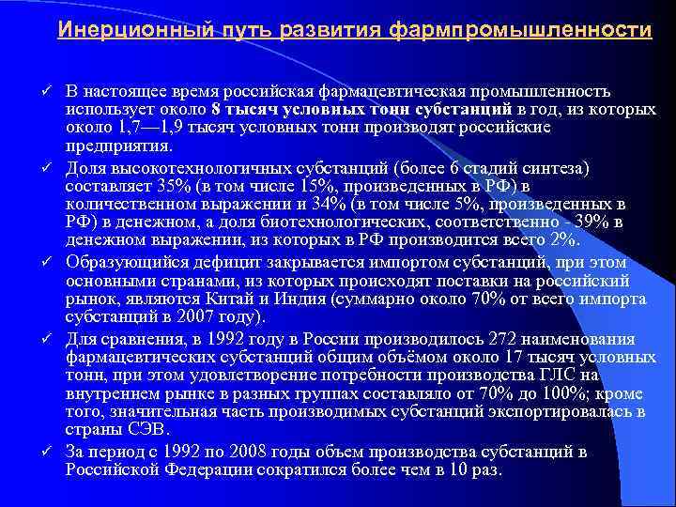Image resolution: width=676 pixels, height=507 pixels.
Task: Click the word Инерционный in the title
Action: pyautogui.click(x=114, y=30)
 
